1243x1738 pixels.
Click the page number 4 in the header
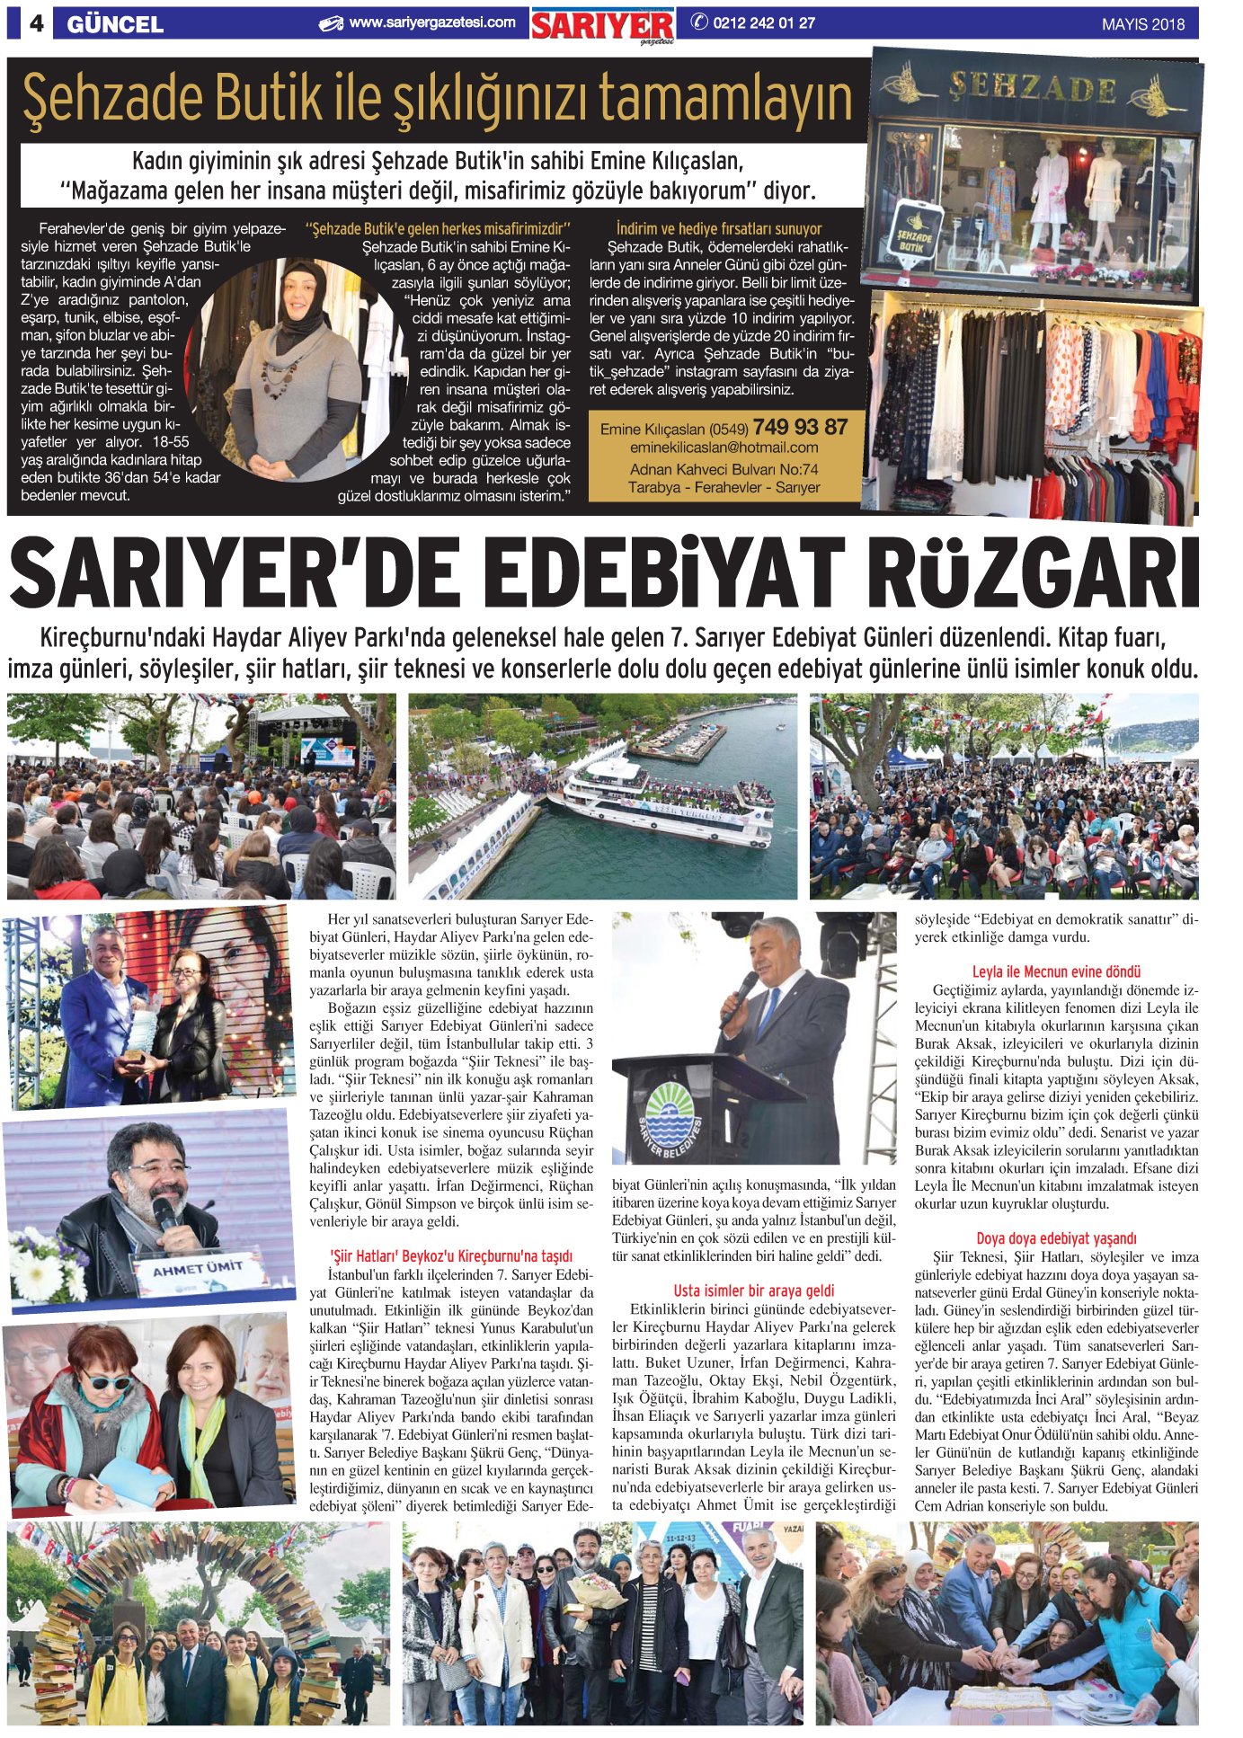(36, 23)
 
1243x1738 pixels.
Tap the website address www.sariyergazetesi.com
(431, 22)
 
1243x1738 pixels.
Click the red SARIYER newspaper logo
(601, 25)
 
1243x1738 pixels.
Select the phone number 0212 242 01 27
(763, 22)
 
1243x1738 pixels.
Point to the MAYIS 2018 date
(1142, 24)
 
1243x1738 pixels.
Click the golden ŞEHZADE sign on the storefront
(1034, 88)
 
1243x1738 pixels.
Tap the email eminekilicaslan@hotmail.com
(724, 447)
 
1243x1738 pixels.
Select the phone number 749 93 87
(800, 426)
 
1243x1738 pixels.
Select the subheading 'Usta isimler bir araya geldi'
(754, 1290)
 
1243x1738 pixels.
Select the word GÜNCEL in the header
(115, 24)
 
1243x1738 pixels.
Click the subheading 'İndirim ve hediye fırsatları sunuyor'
(719, 228)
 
